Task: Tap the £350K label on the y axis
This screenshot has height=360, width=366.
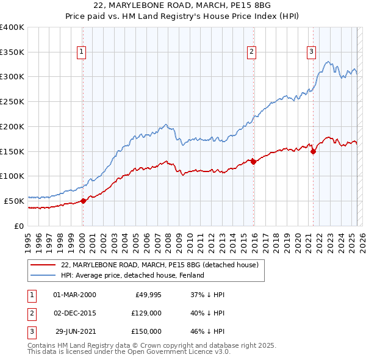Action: point(12,52)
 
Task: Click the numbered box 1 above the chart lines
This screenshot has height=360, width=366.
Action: point(82,52)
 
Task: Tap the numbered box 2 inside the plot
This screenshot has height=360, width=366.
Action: point(251,52)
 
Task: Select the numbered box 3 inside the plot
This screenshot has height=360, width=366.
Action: point(311,52)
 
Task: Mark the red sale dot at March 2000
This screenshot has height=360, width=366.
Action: point(84,201)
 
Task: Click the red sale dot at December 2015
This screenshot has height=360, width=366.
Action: point(253,162)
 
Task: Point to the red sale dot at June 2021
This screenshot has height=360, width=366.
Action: point(313,151)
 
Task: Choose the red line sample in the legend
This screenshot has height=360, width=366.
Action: point(43,265)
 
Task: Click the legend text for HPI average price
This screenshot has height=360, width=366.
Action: point(132,275)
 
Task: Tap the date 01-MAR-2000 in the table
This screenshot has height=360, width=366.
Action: point(75,295)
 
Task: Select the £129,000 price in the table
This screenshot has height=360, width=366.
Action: point(147,313)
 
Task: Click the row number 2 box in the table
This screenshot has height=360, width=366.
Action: point(31,313)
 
